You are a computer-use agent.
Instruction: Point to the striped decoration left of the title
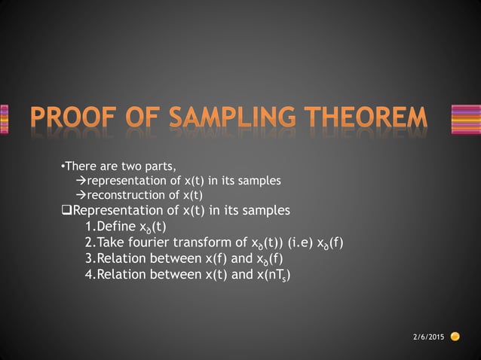4,119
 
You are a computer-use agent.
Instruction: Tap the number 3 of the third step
90,258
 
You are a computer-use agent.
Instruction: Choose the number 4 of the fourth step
90,274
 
